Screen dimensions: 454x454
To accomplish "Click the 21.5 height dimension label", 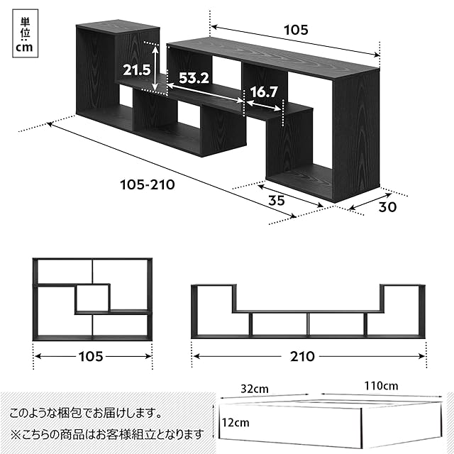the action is coord(135,70).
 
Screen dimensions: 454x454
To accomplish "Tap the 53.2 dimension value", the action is coord(192,78).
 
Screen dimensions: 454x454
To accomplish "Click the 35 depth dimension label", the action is coord(277,201).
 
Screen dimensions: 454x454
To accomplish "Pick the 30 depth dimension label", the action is coord(387,208).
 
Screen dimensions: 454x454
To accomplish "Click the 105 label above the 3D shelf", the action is coord(296,30).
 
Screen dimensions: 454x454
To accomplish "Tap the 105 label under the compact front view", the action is coord(92,355).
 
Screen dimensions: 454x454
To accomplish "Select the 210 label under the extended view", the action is coord(302,356).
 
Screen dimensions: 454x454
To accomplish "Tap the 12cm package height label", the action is coord(236,422).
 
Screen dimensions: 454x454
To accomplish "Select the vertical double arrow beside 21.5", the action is coord(155,67).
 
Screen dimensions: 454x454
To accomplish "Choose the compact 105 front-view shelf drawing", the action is coord(92,299).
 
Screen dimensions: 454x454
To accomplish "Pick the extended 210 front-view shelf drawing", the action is coord(309,310).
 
